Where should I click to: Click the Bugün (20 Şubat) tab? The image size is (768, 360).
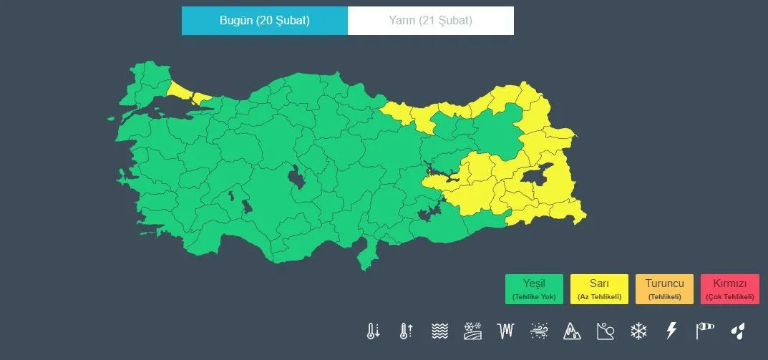(264, 21)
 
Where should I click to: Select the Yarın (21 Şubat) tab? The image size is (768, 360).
(430, 21)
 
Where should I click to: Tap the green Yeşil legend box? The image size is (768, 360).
(534, 289)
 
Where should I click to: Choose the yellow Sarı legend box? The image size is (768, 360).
(599, 289)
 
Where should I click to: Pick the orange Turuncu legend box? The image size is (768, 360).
(664, 289)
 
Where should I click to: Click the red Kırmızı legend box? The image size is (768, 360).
(730, 289)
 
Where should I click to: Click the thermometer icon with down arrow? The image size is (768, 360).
(373, 331)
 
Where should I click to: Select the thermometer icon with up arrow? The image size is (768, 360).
(406, 331)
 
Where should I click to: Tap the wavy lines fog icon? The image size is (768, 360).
(439, 331)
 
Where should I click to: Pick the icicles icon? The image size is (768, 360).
(506, 331)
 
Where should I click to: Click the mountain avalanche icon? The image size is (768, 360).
(572, 331)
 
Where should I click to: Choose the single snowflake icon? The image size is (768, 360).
(638, 331)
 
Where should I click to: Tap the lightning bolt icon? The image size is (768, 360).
(671, 331)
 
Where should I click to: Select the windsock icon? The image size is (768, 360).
(704, 331)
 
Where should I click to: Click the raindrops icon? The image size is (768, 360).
(737, 331)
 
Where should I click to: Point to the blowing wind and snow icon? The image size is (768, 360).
(539, 331)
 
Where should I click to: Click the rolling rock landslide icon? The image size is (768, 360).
(605, 331)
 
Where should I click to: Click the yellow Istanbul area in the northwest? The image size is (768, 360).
(188, 92)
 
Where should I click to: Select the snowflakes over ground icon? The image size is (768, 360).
(472, 331)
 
